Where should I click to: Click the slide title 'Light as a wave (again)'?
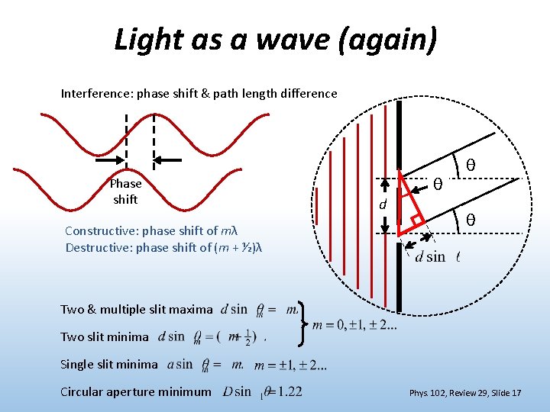pos(275,39)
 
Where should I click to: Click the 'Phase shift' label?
pos(125,192)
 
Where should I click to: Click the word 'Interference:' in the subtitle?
pos(95,94)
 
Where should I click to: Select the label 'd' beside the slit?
pos(384,205)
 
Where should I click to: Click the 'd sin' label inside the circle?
pos(429,256)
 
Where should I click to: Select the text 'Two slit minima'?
pos(105,336)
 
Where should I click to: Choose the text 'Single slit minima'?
pos(109,364)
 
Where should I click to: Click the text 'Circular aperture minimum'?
pos(135,391)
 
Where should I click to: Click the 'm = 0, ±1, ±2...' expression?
pos(354,326)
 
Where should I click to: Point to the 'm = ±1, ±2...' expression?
pos(291,365)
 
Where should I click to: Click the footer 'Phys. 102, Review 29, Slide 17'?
pos(464,393)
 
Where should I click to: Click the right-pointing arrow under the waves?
pos(114,161)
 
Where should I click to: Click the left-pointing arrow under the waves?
pos(168,160)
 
